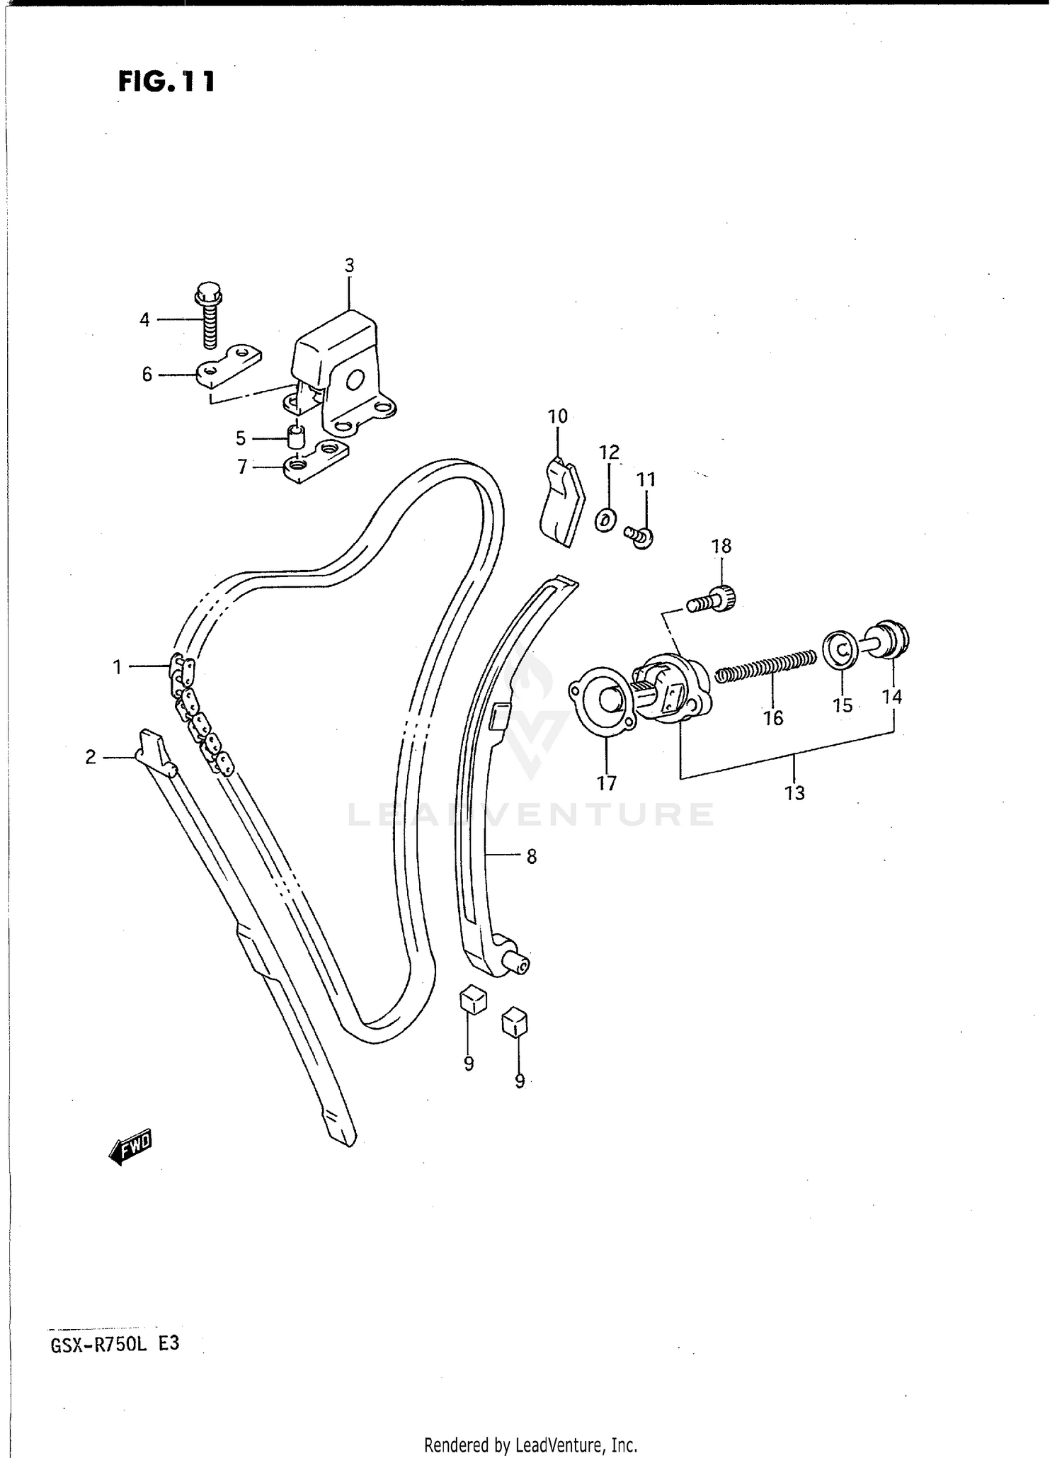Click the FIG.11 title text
(x=166, y=81)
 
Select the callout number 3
(x=349, y=266)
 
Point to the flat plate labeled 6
(x=229, y=367)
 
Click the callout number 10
(x=558, y=416)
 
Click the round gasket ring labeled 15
(x=840, y=647)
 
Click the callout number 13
(x=795, y=793)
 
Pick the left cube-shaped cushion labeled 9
(x=474, y=999)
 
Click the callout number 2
(x=91, y=757)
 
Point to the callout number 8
(x=532, y=857)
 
